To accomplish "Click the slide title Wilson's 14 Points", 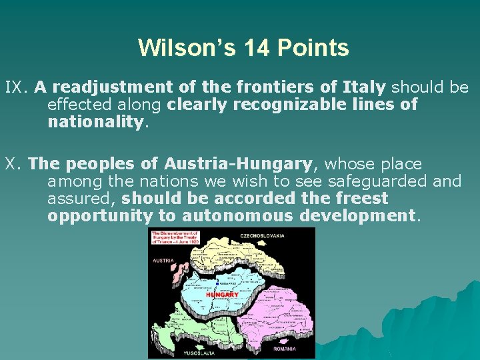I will click(243, 48).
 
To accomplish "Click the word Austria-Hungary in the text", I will click(238, 164).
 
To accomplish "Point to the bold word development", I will click(358, 216).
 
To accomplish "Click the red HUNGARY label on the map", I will click(222, 295).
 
